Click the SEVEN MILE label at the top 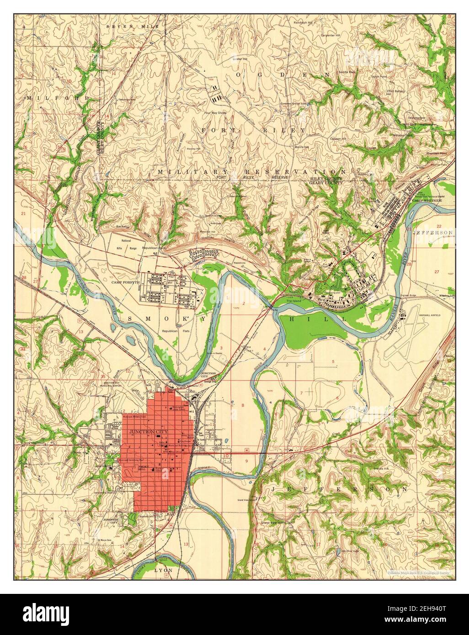pos(132,27)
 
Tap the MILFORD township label pos(46,98)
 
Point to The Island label pos(295,302)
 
